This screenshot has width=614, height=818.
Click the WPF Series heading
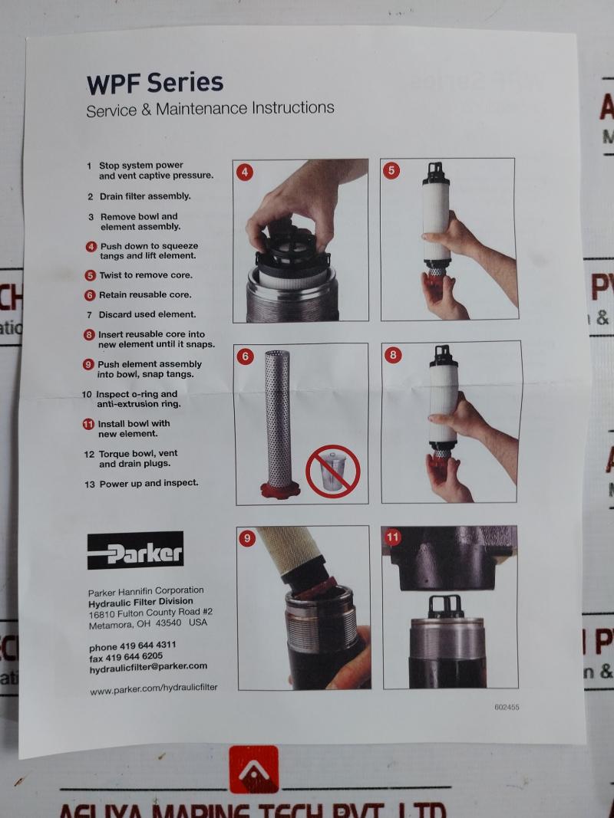[154, 82]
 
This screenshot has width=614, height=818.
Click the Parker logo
[135, 550]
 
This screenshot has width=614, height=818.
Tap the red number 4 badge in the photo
[245, 172]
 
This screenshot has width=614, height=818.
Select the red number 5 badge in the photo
[392, 170]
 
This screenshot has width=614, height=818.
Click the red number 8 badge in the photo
[393, 355]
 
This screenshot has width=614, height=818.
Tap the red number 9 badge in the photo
[247, 538]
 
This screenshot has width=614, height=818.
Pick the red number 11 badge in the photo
[393, 537]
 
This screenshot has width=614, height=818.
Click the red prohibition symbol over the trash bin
[332, 471]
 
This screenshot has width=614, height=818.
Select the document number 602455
[507, 708]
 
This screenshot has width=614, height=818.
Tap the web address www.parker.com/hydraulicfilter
[153, 688]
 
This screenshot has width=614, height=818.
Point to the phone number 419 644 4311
[132, 646]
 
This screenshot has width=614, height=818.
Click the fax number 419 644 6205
[126, 656]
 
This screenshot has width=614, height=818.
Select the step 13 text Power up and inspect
[148, 483]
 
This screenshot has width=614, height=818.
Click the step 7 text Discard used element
[147, 314]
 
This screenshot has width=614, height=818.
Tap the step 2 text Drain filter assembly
[144, 196]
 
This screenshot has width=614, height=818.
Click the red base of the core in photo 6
[278, 489]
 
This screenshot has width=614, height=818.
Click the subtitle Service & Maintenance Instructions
[210, 108]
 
